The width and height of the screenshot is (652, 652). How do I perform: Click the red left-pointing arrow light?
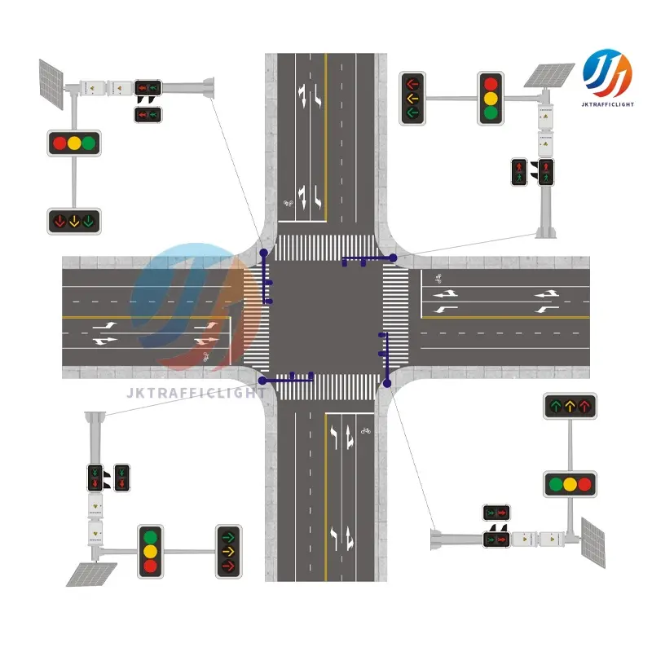(412, 83)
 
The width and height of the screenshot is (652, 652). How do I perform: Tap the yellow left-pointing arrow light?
(412, 99)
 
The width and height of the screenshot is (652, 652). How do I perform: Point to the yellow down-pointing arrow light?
(74, 220)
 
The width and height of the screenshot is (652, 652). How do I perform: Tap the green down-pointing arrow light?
(89, 220)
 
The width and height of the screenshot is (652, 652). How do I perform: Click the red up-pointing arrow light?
(585, 405)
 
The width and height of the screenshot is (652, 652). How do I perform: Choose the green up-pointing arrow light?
(555, 405)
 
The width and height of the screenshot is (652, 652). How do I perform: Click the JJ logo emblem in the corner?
(606, 73)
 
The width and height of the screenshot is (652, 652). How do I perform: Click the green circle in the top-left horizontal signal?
(89, 144)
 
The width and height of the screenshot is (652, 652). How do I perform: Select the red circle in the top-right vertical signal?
(490, 83)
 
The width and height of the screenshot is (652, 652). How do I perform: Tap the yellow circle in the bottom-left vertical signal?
(150, 552)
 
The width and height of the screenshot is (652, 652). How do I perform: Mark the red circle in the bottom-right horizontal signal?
(585, 484)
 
